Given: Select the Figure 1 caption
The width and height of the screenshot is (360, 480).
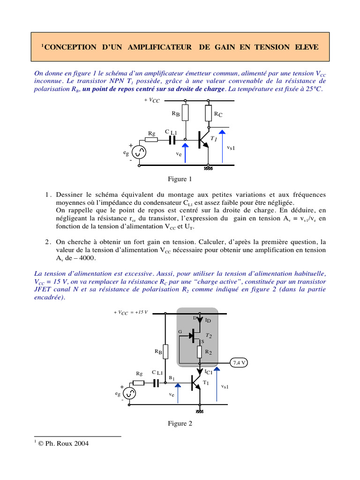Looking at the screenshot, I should [180, 179].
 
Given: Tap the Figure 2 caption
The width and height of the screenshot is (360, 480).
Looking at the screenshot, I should [180, 423].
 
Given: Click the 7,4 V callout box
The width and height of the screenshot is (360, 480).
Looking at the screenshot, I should [240, 362].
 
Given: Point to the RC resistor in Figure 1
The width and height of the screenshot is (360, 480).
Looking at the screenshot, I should [209, 113].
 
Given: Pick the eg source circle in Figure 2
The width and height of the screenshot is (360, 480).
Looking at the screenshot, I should [129, 393].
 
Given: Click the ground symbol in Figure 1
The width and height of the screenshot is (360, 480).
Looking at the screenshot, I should [208, 168].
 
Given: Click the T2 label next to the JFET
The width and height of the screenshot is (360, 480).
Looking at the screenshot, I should [209, 336].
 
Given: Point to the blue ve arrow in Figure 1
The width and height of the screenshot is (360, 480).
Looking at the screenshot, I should [185, 152].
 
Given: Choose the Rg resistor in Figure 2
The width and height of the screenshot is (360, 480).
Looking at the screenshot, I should [139, 382].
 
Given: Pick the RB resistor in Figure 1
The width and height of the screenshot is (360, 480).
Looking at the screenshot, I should [186, 112].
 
